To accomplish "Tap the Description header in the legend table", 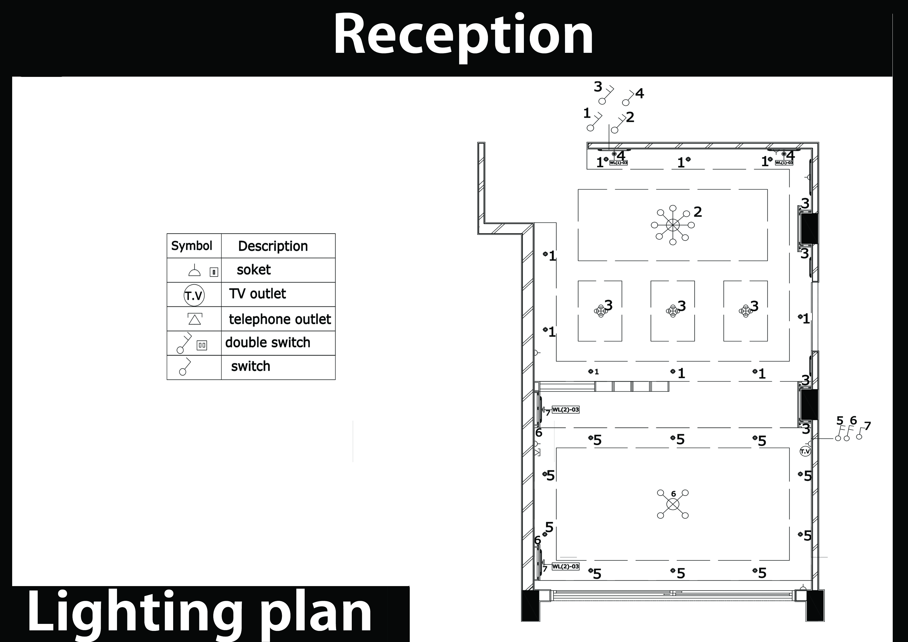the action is (x=273, y=246).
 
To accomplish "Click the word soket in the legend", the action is (x=253, y=270).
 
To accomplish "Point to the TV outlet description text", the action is (x=258, y=294).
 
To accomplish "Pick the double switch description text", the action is (x=268, y=342).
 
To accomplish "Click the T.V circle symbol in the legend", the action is (x=194, y=295).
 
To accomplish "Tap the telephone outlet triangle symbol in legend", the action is (x=195, y=318).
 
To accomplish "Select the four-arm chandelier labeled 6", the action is (x=673, y=504).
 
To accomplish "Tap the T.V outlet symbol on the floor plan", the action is (x=805, y=451).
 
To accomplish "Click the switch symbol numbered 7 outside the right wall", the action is (x=861, y=433).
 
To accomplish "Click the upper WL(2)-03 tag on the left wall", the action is (x=566, y=410).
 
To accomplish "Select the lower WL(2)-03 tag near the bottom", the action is (x=566, y=566).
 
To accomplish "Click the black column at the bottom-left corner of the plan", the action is (x=530, y=605).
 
